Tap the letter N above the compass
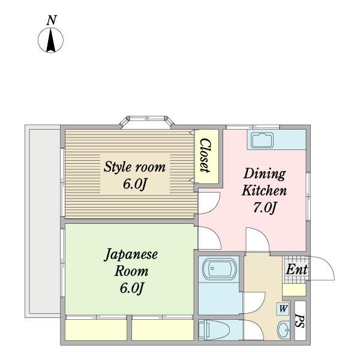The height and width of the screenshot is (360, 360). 52,20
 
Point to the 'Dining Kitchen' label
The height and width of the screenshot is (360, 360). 264,182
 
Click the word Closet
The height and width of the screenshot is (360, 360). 205,155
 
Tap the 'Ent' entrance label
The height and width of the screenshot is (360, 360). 296,269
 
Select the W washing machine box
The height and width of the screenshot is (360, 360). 283,309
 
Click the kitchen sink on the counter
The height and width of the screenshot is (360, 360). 262,140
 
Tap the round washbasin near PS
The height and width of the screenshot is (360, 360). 283,329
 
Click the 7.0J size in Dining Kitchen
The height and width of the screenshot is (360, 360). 264,208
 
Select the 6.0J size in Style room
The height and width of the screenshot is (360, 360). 135,184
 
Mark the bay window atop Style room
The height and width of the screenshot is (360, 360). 148,122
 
